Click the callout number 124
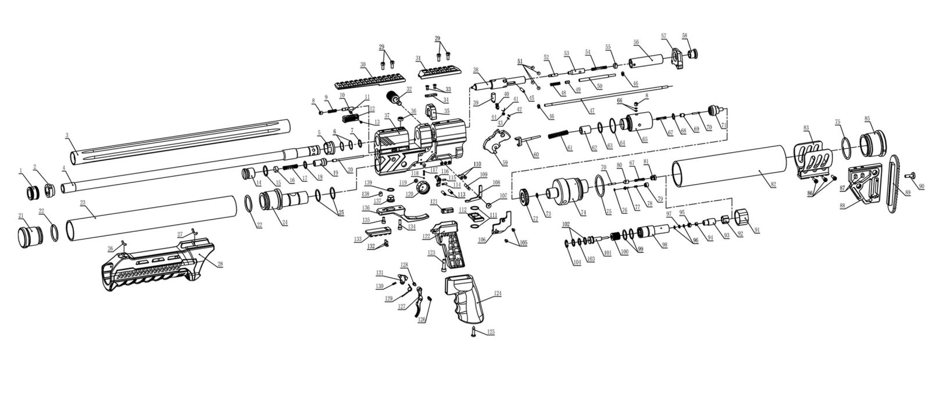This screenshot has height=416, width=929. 497,293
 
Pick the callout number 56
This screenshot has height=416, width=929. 636,42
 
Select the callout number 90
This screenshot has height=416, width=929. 920,186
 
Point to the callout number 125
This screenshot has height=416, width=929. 491,332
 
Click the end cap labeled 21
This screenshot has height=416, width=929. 27,238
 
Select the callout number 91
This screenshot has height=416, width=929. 756,231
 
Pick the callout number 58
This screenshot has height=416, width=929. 685,36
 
